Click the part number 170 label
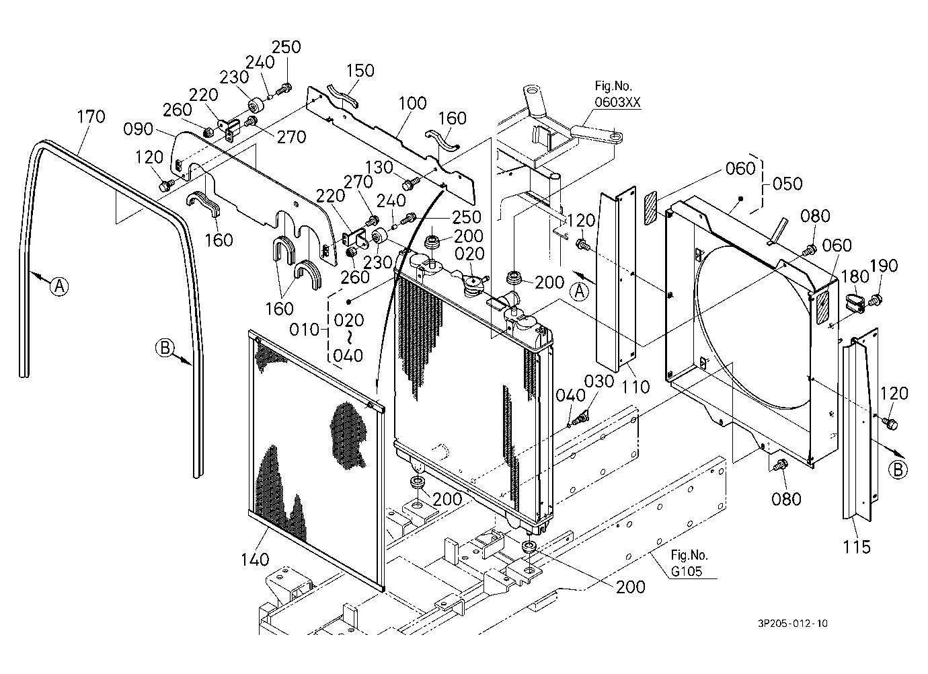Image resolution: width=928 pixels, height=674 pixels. (x=91, y=116)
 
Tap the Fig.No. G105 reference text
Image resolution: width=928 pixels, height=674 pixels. (x=689, y=563)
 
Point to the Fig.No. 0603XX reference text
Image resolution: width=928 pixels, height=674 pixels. (x=617, y=93)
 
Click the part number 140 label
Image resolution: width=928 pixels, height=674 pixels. (x=256, y=560)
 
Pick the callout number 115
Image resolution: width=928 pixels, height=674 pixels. (x=857, y=547)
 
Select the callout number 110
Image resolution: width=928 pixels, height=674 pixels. (x=635, y=387)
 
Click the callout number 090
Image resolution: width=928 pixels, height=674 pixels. (x=139, y=129)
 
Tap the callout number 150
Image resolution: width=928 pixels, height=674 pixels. (x=360, y=71)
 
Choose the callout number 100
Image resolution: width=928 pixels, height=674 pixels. (x=412, y=103)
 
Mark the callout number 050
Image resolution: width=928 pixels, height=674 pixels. (x=787, y=183)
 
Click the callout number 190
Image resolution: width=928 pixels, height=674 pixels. (x=884, y=265)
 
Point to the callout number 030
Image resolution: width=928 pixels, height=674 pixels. (x=599, y=381)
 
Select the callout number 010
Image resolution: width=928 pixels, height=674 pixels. (x=305, y=330)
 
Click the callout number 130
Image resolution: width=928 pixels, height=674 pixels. (x=379, y=167)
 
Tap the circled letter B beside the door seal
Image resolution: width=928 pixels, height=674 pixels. (x=165, y=347)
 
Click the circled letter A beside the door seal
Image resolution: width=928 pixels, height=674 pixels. (x=59, y=286)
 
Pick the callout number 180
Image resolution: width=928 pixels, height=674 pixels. (x=854, y=276)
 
